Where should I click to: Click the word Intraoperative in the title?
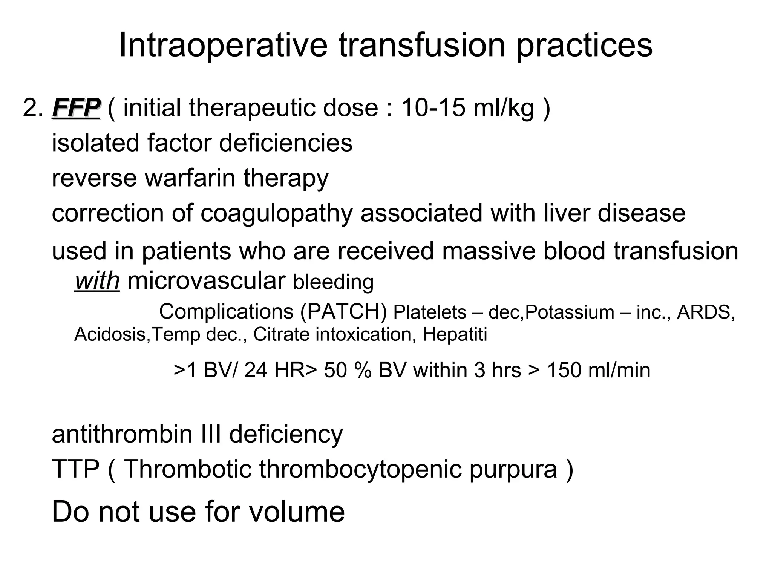pyautogui.click(x=223, y=46)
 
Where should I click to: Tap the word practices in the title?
pyautogui.click(x=584, y=46)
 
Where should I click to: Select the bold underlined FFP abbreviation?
pyautogui.click(x=76, y=108)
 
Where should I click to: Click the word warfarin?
pyautogui.click(x=190, y=178)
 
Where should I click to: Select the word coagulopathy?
pyautogui.click(x=276, y=213)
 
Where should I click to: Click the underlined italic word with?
pyautogui.click(x=97, y=281)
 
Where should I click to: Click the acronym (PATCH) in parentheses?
pyautogui.click(x=343, y=312)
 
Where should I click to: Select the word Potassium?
pyautogui.click(x=570, y=312)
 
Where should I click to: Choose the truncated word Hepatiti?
pyautogui.click(x=455, y=334)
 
